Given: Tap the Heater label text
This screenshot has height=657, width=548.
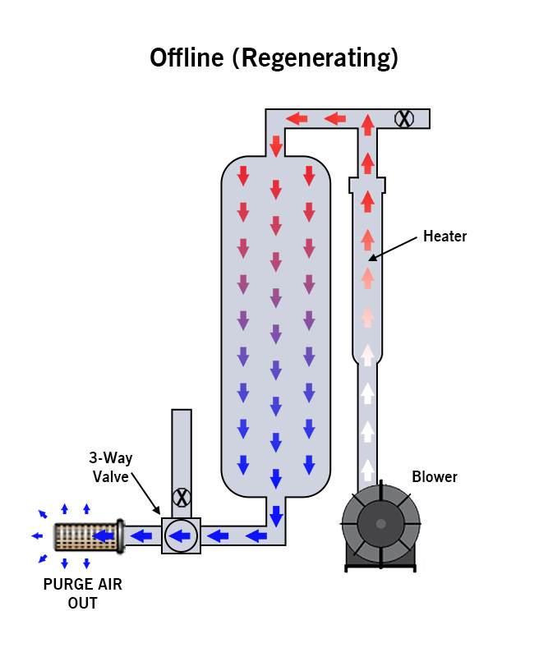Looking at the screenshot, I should click(444, 237).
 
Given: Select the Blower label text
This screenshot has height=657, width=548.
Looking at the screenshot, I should click(435, 477).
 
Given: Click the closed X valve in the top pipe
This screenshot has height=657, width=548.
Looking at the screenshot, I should click(403, 118).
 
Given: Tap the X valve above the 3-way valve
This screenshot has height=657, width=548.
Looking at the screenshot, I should click(181, 497).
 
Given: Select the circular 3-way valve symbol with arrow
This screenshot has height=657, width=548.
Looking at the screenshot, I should click(181, 537).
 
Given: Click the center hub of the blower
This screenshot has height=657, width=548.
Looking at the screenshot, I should click(380, 523).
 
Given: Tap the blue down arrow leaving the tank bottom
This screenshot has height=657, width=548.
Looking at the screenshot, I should click(276, 517).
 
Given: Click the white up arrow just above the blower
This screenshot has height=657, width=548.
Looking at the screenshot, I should click(368, 470).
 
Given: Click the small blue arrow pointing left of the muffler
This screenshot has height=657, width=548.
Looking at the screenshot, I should click(37, 536).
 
